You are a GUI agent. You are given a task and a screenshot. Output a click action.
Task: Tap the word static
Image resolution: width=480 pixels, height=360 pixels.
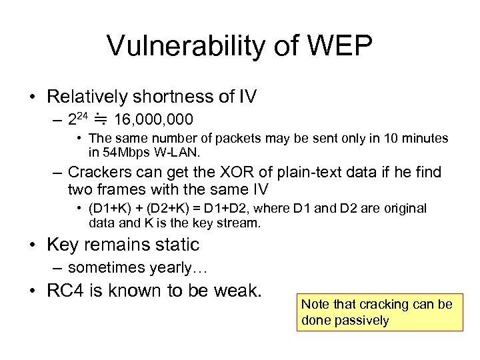point(177,245)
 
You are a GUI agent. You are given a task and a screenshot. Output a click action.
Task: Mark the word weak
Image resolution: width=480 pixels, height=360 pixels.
point(235,291)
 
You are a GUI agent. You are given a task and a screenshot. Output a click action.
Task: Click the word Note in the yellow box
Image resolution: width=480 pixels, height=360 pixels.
point(315,305)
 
